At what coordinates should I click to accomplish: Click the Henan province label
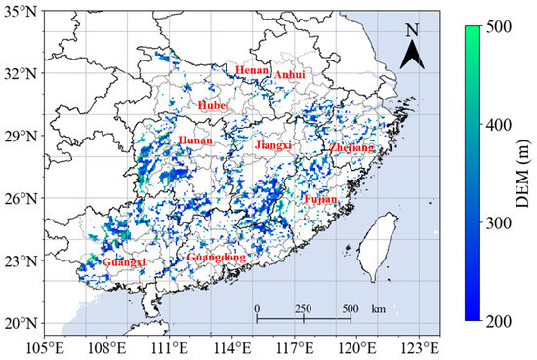[x=251, y=70]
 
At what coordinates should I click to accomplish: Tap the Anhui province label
[x=289, y=75]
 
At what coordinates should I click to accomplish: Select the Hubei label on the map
[x=212, y=104]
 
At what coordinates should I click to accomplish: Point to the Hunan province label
[x=195, y=141]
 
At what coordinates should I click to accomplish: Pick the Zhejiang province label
[x=351, y=148]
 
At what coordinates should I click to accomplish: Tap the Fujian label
[x=319, y=199]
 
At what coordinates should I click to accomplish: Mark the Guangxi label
[x=123, y=262]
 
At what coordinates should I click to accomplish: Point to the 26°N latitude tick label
[x=20, y=199]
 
